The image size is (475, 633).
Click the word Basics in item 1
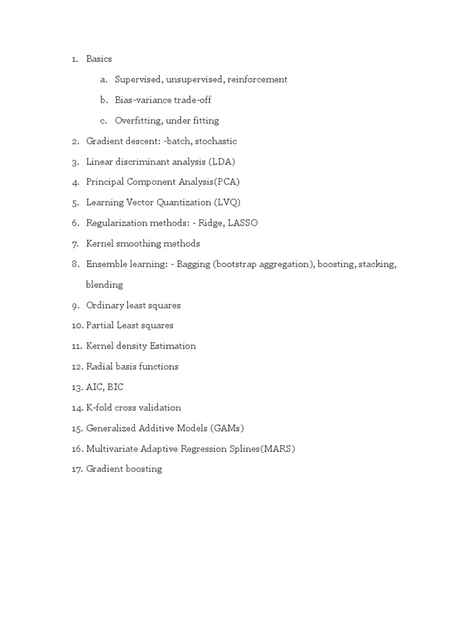[x=99, y=59]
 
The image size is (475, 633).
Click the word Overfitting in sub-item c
[x=139, y=121]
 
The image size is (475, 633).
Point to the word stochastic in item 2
[x=216, y=141]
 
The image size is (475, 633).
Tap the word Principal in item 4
[x=105, y=182]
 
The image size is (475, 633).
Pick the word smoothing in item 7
[x=139, y=244]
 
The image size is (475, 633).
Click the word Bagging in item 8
[x=192, y=264]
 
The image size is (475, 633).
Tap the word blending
[x=105, y=285]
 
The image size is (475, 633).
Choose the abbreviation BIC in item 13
[x=115, y=387]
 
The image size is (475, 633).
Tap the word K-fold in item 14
[x=100, y=408]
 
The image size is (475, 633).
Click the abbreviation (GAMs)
[x=231, y=428]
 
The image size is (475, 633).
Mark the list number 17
[x=77, y=469]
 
